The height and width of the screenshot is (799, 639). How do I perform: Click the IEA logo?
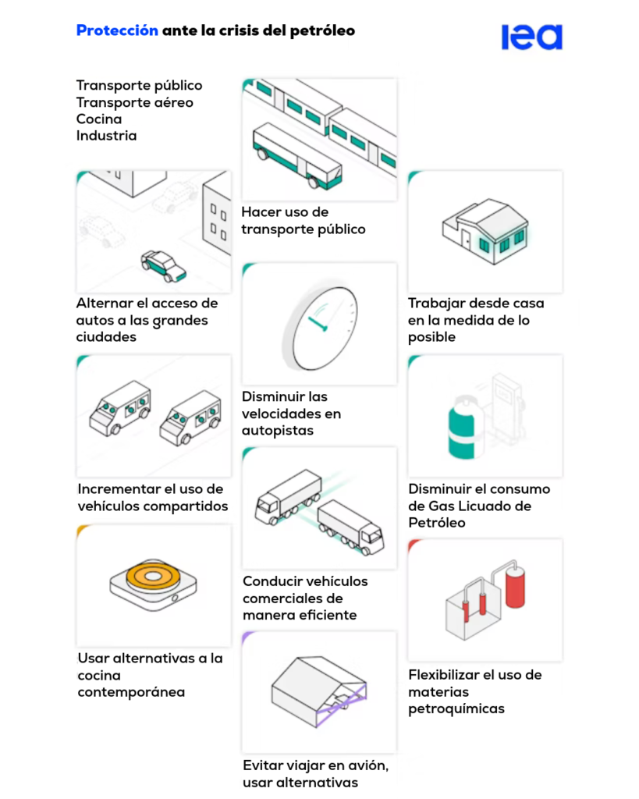531,37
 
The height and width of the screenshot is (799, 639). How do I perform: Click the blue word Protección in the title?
117,31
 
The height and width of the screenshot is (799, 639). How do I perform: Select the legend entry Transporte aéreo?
134,102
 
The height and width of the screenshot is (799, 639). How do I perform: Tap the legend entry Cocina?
99,119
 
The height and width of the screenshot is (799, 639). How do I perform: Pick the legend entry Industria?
106,136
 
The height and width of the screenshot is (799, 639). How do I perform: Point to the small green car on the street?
164,266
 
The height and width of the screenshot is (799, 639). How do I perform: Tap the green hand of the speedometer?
318,322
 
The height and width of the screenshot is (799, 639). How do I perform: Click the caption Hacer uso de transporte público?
303,221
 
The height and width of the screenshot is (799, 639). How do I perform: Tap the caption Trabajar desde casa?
476,304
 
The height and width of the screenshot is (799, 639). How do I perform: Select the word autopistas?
277,431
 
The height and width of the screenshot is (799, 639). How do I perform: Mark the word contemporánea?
131,692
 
